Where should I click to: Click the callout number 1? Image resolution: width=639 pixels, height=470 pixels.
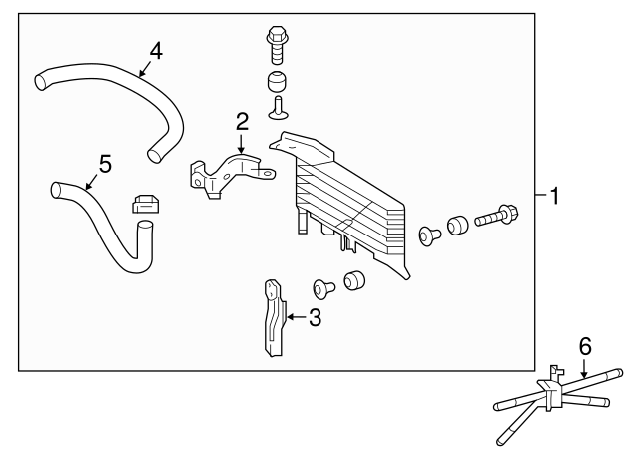pos(555,196)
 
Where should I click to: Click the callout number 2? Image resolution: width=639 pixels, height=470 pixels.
pos(242,122)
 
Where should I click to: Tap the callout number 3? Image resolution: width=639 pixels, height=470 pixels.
pos(315,317)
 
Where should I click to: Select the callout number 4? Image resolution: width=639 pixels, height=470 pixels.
pos(156,51)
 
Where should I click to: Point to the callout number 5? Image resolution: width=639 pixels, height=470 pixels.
pos(105,164)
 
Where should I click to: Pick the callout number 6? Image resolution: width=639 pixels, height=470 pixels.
pos(585,347)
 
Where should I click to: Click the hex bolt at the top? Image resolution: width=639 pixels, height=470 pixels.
pos(278,45)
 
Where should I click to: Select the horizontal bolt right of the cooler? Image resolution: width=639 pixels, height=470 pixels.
pos(496,216)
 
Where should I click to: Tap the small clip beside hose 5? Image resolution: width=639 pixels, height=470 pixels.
pos(145,204)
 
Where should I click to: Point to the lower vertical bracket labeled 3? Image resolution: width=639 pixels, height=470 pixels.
pos(274,318)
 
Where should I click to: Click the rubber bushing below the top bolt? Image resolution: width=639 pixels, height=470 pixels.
pos(278,82)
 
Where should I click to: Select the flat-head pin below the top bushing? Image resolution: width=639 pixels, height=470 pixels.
pos(279,108)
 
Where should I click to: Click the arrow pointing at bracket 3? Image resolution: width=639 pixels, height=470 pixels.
pos(297,317)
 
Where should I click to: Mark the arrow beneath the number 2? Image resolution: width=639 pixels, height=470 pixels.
pos(241,144)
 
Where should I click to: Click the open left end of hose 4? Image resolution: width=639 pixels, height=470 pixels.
pos(40,82)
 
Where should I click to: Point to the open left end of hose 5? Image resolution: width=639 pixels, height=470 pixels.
pos(56,190)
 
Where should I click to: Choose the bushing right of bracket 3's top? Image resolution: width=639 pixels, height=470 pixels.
pos(354,280)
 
